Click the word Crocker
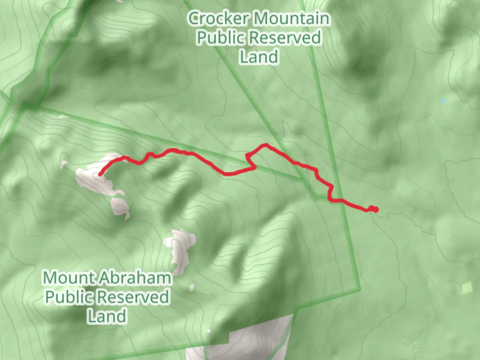coord(218,19)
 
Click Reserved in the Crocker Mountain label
coord(285,38)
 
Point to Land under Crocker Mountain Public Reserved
coord(259,57)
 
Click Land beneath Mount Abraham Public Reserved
coord(107,316)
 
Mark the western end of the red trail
coord(100,174)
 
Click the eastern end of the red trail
coord(376,210)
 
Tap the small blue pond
coord(443,101)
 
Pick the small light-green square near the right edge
coord(467,288)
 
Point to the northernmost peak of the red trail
coord(266,145)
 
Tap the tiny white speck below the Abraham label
coord(191,288)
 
